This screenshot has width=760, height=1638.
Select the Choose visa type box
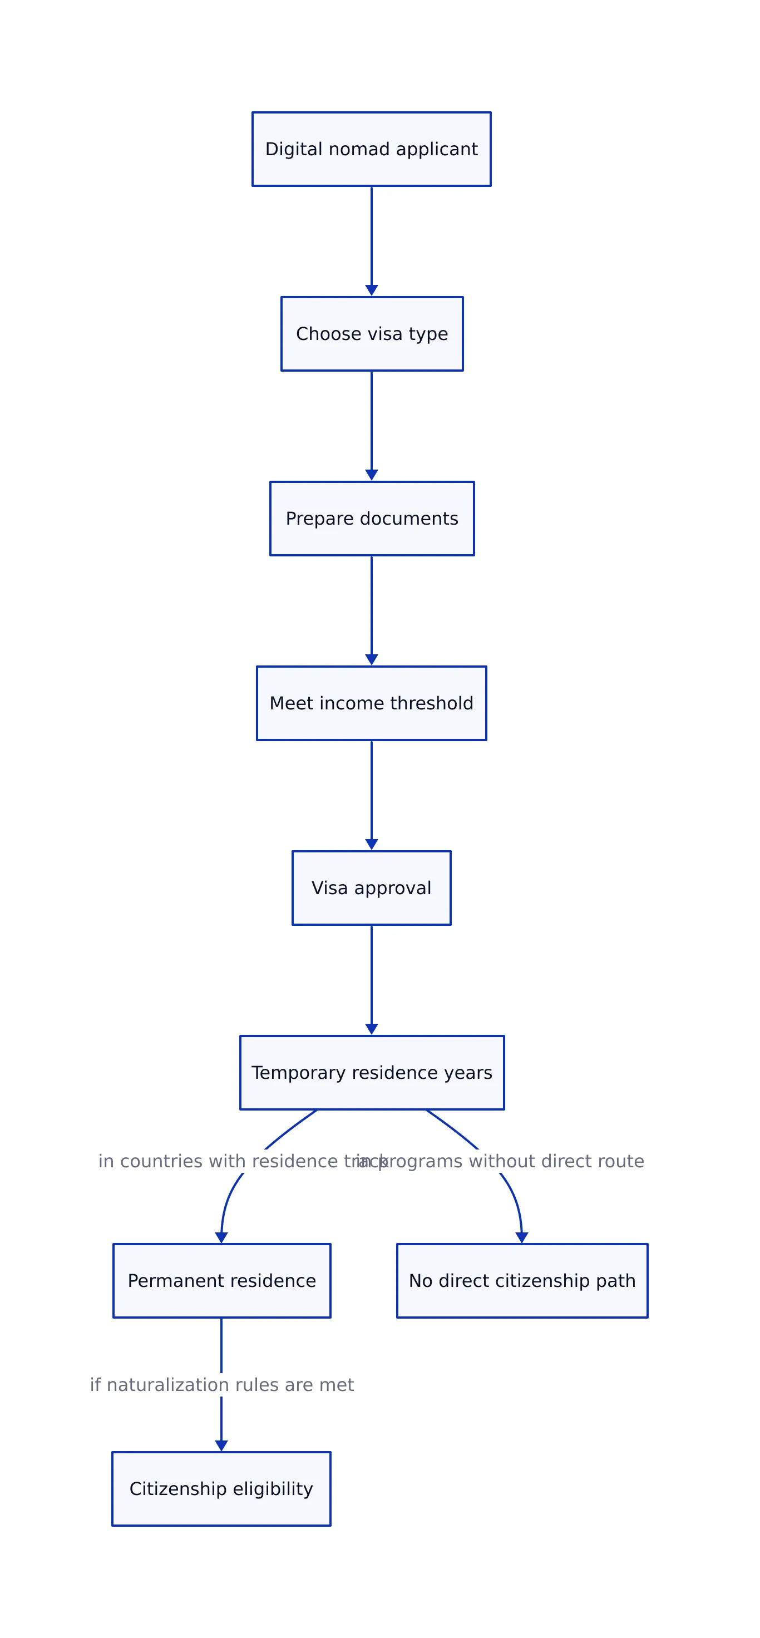pos(372,333)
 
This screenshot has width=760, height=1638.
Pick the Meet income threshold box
pos(372,703)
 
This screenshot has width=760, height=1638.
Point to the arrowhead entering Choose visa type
pos(372,290)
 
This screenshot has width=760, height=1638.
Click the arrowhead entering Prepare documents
pos(372,475)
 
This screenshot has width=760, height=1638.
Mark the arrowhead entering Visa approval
pos(372,845)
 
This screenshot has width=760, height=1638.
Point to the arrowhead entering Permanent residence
pos(221,1237)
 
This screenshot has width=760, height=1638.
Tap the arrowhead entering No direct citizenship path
pos(521,1237)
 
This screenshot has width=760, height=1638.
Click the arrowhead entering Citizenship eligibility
pos(221,1445)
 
